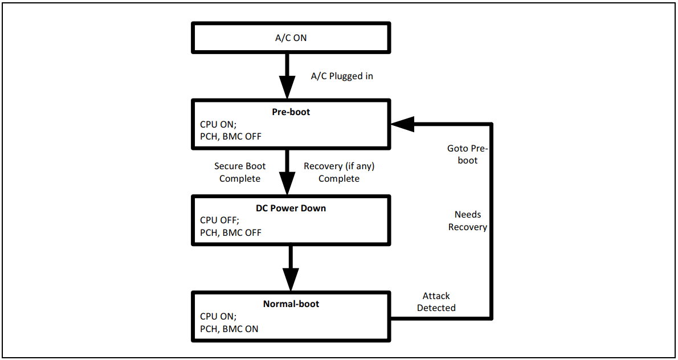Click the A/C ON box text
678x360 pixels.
click(291, 38)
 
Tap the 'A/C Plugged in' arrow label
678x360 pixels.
click(342, 76)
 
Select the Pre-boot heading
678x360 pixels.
click(291, 112)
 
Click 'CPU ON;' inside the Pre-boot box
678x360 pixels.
click(218, 124)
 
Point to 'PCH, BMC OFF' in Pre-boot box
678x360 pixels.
click(231, 136)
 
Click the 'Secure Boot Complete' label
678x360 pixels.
click(240, 172)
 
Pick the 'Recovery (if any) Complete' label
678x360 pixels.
click(339, 172)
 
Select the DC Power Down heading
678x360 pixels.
click(291, 208)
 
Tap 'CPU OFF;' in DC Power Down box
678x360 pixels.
click(219, 220)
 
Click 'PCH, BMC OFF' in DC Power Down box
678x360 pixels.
click(231, 232)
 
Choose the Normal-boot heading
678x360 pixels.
click(291, 304)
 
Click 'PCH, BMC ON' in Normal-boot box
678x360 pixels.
click(229, 329)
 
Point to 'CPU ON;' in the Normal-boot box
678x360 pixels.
click(218, 316)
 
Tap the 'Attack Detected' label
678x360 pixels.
click(436, 302)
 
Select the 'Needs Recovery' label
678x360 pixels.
click(468, 220)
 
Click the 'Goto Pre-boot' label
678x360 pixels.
click(468, 154)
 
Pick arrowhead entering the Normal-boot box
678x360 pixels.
click(291, 279)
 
